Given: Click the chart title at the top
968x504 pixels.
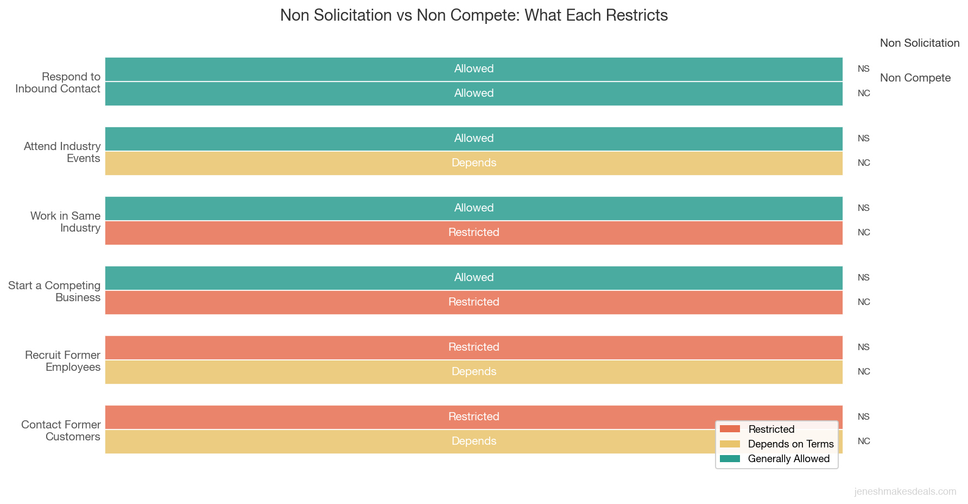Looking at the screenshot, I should (x=473, y=15).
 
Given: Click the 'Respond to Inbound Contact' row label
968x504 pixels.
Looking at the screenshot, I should (x=58, y=83).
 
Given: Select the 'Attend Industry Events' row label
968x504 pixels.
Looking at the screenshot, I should (x=62, y=152).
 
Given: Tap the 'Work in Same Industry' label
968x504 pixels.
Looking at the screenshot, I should (x=65, y=222).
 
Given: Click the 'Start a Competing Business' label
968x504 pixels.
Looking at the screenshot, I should (x=54, y=291).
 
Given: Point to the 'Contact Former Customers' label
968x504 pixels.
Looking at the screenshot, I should (x=61, y=431).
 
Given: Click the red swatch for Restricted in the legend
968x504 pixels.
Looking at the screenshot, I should (x=730, y=429).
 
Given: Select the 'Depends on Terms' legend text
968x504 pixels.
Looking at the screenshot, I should (x=790, y=444).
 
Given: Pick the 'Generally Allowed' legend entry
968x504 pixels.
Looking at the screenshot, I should (x=788, y=459).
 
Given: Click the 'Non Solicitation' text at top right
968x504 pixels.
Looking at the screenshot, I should (x=920, y=43).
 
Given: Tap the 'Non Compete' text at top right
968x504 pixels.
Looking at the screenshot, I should (x=915, y=78).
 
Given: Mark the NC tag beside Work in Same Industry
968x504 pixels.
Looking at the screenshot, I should (x=864, y=233).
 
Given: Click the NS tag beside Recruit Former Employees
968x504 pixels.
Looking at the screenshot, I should (x=864, y=347).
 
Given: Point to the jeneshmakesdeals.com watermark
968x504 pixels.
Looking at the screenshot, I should (x=905, y=491).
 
